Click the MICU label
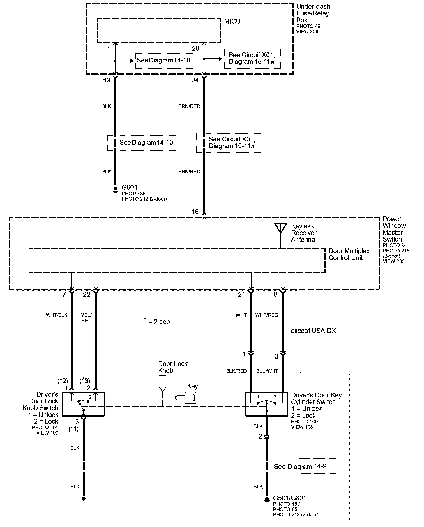click(232, 21)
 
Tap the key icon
click(190, 398)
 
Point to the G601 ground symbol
click(116, 190)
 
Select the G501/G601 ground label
click(289, 498)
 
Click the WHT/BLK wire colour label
click(56, 315)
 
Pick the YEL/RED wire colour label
click(86, 317)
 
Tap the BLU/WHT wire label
click(267, 371)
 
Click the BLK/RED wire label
click(236, 371)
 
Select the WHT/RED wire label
click(266, 315)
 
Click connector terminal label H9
click(106, 80)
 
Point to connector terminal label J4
click(195, 80)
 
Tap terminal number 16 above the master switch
click(195, 212)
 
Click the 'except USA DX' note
click(313, 331)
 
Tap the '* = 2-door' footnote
click(158, 322)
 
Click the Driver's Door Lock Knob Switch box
click(84, 404)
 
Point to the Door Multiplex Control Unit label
click(349, 254)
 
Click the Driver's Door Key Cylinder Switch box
click(266, 404)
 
